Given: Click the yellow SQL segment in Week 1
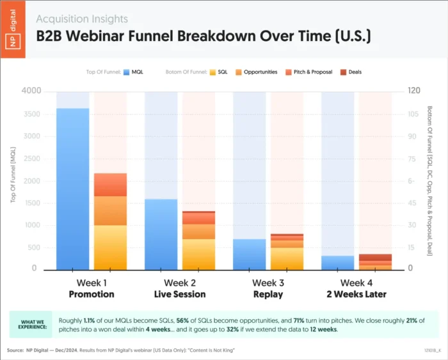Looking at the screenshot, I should pyautogui.click(x=110, y=247).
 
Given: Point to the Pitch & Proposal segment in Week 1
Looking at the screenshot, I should pyautogui.click(x=110, y=185).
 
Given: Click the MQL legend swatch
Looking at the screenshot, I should pyautogui.click(x=127, y=72).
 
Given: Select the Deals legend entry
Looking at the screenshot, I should pyautogui.click(x=350, y=72).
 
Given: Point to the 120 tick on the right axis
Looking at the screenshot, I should pyautogui.click(x=415, y=91).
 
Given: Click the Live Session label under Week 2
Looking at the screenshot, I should pyautogui.click(x=180, y=295).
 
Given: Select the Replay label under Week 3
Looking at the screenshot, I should pyautogui.click(x=268, y=295).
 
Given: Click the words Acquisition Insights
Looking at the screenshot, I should pyautogui.click(x=82, y=19).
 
